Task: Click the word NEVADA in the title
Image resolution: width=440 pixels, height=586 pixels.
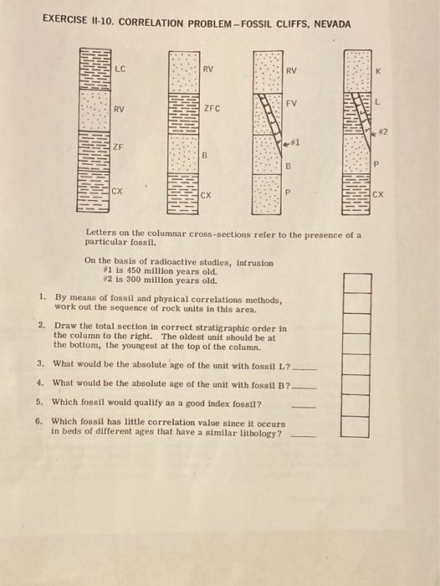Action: pyautogui.click(x=332, y=24)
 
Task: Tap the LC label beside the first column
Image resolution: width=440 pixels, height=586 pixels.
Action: pyautogui.click(x=120, y=69)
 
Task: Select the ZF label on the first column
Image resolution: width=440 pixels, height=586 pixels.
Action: pyautogui.click(x=118, y=146)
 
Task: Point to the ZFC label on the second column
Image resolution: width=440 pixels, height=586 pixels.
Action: pyautogui.click(x=212, y=109)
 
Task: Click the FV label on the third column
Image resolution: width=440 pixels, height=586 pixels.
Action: pyautogui.click(x=291, y=103)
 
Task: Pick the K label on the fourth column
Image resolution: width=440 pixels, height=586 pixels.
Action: pyautogui.click(x=378, y=71)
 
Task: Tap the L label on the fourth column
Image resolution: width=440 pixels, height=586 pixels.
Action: pyautogui.click(x=377, y=102)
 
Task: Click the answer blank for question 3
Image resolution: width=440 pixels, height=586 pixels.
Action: pyautogui.click(x=304, y=369)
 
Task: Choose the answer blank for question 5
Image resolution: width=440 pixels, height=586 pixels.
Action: pyautogui.click(x=304, y=407)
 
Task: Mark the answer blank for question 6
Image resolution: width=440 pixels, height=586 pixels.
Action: pyautogui.click(x=303, y=436)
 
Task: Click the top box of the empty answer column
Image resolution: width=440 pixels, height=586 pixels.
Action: pyautogui.click(x=357, y=283)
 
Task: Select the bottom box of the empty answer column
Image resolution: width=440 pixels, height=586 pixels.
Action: pyautogui.click(x=355, y=427)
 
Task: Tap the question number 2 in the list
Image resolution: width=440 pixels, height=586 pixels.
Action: pyautogui.click(x=41, y=325)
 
